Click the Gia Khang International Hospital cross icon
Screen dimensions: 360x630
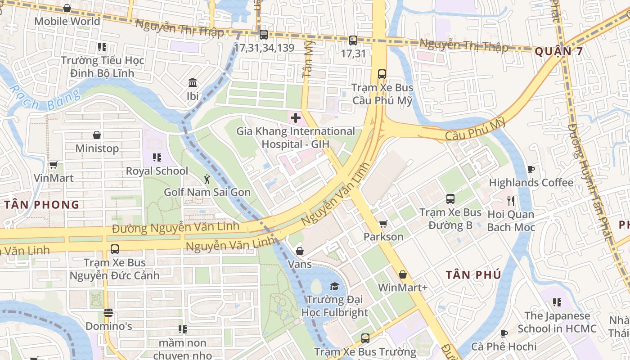click(x=296, y=118)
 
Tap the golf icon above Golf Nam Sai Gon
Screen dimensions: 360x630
click(x=207, y=179)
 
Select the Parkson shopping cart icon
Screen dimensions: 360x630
click(x=383, y=224)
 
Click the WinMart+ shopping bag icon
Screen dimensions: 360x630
click(x=403, y=274)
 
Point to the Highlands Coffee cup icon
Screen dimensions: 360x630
click(x=531, y=170)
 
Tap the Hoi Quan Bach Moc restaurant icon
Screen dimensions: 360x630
click(x=510, y=201)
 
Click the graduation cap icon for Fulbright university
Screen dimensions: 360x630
click(x=334, y=287)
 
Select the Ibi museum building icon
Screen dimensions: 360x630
click(x=193, y=83)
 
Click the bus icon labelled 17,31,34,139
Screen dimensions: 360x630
click(x=264, y=34)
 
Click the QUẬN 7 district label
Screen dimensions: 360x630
click(x=559, y=51)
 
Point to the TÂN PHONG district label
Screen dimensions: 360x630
click(x=42, y=205)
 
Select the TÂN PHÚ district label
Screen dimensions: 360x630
click(x=473, y=275)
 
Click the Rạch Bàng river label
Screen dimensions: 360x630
click(x=45, y=99)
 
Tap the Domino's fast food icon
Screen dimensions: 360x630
click(x=108, y=313)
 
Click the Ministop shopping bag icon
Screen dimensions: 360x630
click(x=97, y=135)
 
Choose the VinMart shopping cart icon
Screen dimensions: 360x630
click(x=53, y=165)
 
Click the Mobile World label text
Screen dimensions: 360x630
click(x=67, y=21)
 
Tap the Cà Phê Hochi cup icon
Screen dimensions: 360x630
click(x=504, y=333)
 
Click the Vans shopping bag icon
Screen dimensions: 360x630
click(x=299, y=251)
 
